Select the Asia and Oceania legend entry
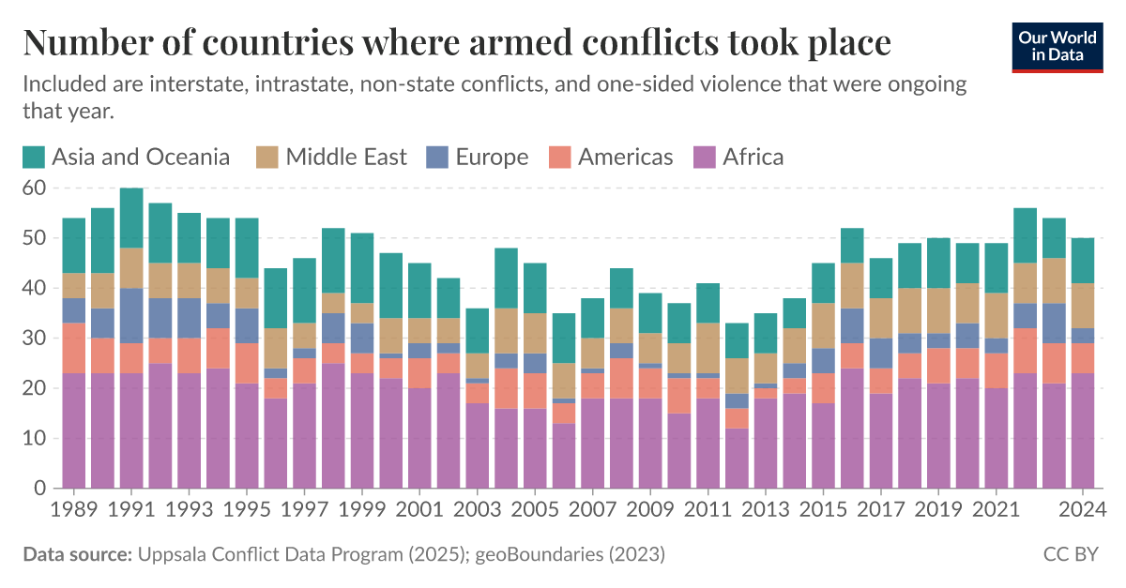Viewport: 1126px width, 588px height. coord(127,157)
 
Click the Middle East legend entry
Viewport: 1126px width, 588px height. coord(333,157)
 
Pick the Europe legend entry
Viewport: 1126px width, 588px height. coord(479,157)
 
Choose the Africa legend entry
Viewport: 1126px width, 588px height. coord(738,157)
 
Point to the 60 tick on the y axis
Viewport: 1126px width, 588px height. coord(34,188)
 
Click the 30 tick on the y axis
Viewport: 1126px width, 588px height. coord(34,339)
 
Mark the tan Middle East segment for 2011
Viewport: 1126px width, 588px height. coord(708,348)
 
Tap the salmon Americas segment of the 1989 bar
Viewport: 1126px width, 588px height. coord(74,348)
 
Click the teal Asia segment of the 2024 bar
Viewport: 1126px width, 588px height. coord(1083,261)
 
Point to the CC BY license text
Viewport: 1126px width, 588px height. coord(1070,555)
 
